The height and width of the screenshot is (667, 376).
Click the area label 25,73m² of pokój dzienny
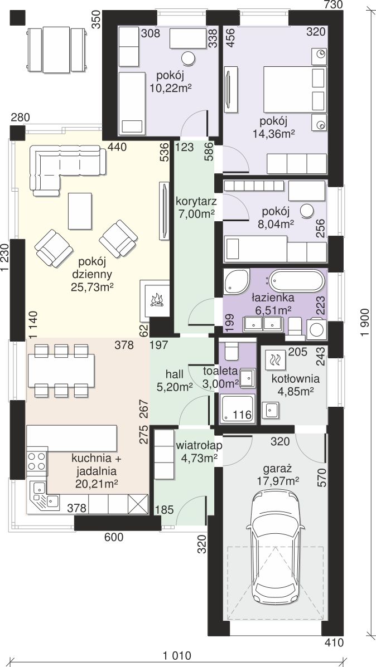point(92,288)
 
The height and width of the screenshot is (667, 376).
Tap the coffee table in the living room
point(80,211)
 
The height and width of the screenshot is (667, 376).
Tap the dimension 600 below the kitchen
point(114,537)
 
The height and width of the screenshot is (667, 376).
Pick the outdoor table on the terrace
point(56,50)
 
